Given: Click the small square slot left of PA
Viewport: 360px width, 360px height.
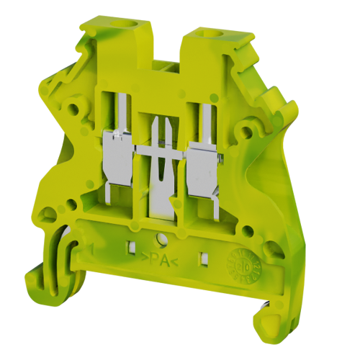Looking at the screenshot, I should pos(131,249).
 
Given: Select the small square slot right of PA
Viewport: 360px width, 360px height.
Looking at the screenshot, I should pos(204,256).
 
